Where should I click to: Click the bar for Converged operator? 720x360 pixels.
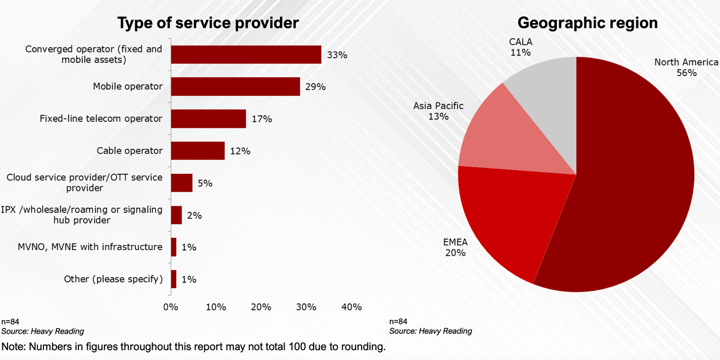click(x=246, y=54)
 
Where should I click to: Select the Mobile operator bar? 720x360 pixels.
click(x=235, y=86)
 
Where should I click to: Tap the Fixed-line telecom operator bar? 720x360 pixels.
click(x=208, y=119)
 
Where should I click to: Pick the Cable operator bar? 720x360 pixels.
click(x=198, y=151)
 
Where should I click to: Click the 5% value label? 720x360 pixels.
click(x=205, y=183)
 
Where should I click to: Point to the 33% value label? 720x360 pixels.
click(x=337, y=55)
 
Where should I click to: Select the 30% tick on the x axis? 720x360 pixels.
click(x=306, y=307)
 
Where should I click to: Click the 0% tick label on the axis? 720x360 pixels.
click(x=171, y=307)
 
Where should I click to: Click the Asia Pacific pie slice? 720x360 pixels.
click(x=512, y=136)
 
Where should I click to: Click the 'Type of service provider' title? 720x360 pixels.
click(x=208, y=23)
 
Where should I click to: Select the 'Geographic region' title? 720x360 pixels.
click(x=587, y=23)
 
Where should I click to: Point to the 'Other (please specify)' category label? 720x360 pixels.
click(x=113, y=279)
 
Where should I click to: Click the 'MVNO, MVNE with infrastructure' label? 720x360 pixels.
click(x=90, y=247)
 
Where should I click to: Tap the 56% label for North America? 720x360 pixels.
click(x=686, y=73)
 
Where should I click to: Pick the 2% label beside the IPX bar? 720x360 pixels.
click(x=194, y=216)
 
